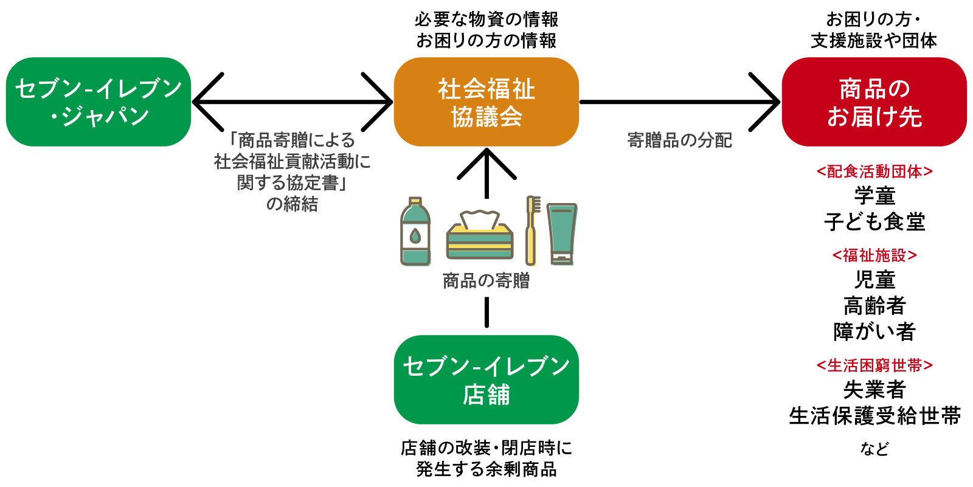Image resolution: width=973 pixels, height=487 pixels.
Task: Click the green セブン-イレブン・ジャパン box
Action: pyautogui.click(x=99, y=102)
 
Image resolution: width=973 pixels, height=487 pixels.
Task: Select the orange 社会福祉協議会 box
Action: pyautogui.click(x=486, y=102)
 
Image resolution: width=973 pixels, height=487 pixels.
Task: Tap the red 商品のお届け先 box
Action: pyautogui.click(x=874, y=102)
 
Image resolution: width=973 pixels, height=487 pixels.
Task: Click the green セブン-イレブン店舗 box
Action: pyautogui.click(x=486, y=379)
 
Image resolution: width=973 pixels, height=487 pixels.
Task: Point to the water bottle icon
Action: pyautogui.click(x=415, y=231)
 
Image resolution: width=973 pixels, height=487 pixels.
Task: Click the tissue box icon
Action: pyautogui.click(x=480, y=235)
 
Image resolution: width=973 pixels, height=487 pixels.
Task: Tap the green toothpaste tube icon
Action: pyautogui.click(x=561, y=233)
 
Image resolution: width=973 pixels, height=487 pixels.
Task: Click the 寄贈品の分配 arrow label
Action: pyautogui.click(x=679, y=140)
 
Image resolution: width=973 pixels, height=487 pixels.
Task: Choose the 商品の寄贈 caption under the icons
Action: pyautogui.click(x=486, y=280)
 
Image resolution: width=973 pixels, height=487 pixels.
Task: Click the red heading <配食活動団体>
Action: pyautogui.click(x=874, y=171)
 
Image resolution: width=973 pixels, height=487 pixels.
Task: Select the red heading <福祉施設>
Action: pyautogui.click(x=874, y=255)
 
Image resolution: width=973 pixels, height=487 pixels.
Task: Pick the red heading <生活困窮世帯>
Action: pyautogui.click(x=874, y=365)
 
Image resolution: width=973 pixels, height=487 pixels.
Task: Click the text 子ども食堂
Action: pyautogui.click(x=874, y=222)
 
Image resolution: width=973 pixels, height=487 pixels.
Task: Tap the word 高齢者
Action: pyautogui.click(x=874, y=305)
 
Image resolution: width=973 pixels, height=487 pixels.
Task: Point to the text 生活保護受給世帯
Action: pyautogui.click(x=874, y=416)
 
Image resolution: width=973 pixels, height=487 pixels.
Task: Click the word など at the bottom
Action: pyautogui.click(x=874, y=449)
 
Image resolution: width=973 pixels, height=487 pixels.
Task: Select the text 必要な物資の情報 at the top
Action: pyautogui.click(x=486, y=19)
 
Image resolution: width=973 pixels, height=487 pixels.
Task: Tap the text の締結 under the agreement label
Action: pyautogui.click(x=292, y=204)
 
